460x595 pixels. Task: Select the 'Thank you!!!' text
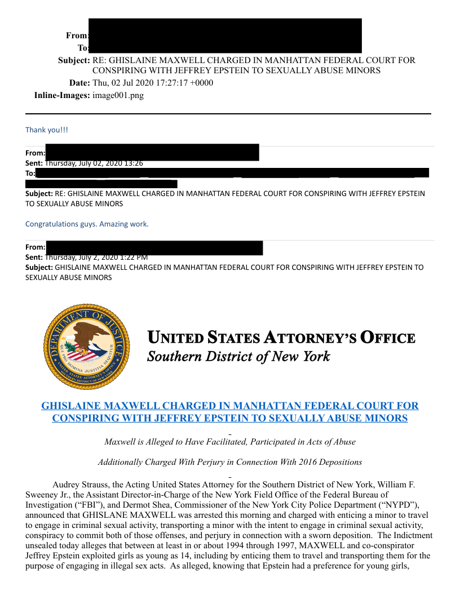pyautogui.click(x=47, y=130)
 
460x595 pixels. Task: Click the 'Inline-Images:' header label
pyautogui.click(x=62, y=95)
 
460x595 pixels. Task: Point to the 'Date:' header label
pyautogui.click(x=79, y=83)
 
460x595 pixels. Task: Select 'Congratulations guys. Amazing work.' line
pyautogui.click(x=87, y=224)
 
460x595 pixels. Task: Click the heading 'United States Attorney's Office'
pyautogui.click(x=281, y=338)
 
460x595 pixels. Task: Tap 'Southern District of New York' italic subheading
pyautogui.click(x=238, y=357)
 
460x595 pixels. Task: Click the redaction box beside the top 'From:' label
pyautogui.click(x=225, y=28)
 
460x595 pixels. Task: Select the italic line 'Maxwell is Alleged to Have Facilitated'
pyautogui.click(x=230, y=442)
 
